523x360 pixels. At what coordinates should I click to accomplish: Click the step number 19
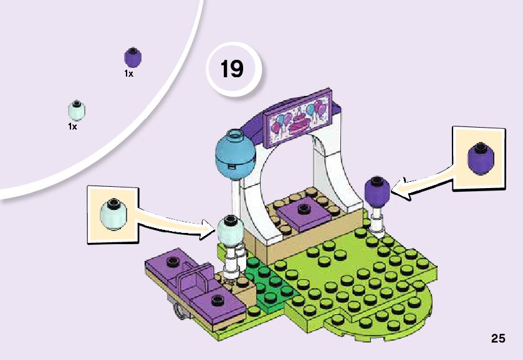pyautogui.click(x=232, y=68)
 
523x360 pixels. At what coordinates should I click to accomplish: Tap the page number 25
pyautogui.click(x=497, y=339)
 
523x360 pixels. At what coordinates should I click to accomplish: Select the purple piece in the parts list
pyautogui.click(x=133, y=58)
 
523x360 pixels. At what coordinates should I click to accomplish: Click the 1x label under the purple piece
pyautogui.click(x=128, y=73)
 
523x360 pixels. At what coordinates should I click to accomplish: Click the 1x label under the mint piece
pyautogui.click(x=72, y=126)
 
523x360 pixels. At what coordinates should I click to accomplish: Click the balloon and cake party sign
pyautogui.click(x=299, y=116)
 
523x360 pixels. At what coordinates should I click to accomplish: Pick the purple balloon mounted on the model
pyautogui.click(x=377, y=190)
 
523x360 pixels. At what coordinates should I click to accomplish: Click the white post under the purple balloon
pyautogui.click(x=377, y=219)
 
